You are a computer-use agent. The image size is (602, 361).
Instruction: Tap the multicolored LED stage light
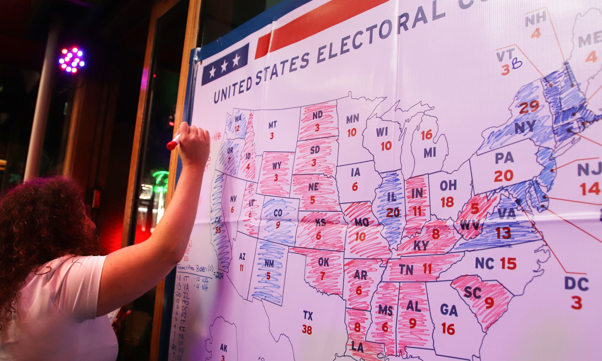coord(72,60)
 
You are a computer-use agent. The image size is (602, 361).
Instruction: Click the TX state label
coord(308,315)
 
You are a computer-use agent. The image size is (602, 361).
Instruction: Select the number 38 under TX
coord(307,329)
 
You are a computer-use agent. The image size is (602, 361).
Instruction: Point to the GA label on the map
coord(449,310)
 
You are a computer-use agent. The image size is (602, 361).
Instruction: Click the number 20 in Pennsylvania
coord(504,176)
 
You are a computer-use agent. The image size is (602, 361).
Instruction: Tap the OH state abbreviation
coord(448,186)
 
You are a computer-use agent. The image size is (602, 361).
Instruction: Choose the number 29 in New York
coord(529,107)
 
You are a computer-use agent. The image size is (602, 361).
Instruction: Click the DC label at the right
coord(577,284)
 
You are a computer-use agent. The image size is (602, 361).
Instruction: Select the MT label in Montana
coord(272,125)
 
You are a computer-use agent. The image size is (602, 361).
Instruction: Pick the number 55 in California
coord(218,230)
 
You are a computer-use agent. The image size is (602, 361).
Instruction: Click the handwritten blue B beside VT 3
coord(517,64)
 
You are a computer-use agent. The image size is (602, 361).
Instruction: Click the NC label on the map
coord(484,263)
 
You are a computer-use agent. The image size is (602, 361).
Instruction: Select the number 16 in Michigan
coord(426,135)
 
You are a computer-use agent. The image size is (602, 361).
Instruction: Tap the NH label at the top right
coord(536,19)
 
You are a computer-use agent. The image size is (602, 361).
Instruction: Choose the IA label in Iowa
coord(356,172)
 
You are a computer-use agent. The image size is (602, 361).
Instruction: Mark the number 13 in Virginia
coord(503,233)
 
